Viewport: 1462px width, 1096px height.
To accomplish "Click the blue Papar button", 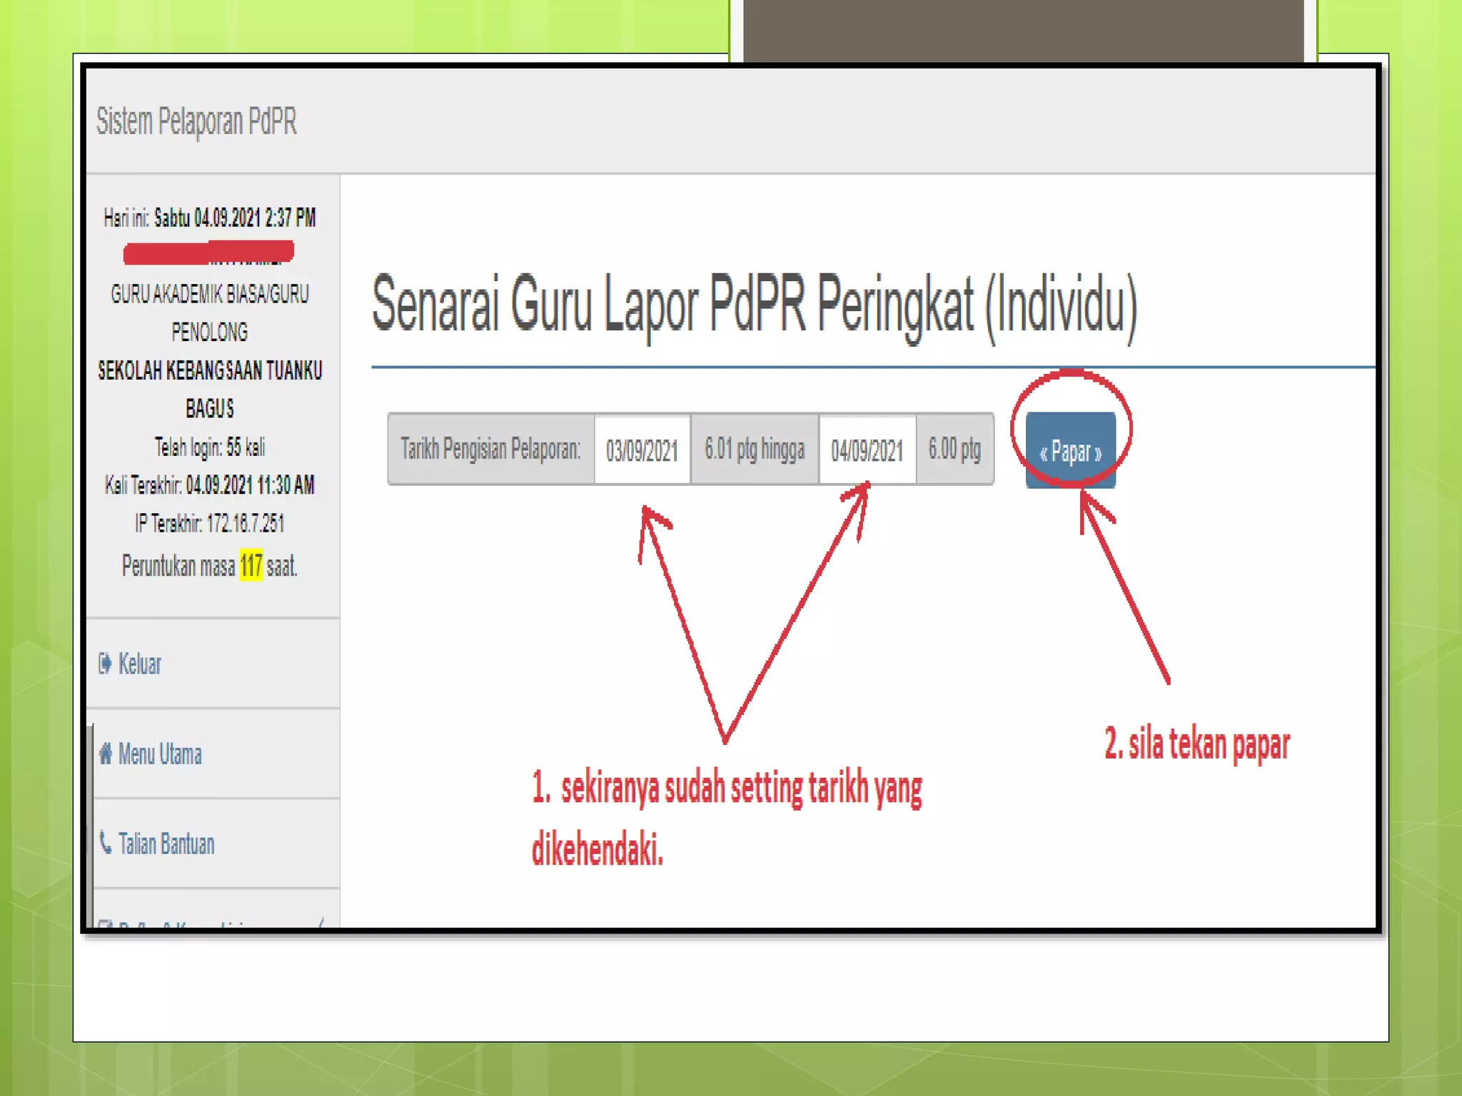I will (x=1070, y=451).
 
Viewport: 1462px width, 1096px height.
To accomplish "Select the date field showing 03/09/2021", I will (x=642, y=450).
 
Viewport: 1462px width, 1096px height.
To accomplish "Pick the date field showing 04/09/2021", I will (x=867, y=450).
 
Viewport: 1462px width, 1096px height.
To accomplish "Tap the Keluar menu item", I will (x=139, y=664).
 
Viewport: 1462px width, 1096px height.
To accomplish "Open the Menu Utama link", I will (x=159, y=754).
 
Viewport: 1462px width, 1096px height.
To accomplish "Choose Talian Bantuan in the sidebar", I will (x=166, y=844).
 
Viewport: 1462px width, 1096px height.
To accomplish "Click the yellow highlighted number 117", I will (x=251, y=566).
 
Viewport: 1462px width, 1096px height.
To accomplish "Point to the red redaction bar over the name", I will (x=208, y=252).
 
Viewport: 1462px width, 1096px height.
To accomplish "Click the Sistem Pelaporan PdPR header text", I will (x=196, y=121).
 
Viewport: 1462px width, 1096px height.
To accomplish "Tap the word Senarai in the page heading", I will (x=435, y=305).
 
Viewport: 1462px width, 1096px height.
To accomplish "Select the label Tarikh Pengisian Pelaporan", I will (x=490, y=450).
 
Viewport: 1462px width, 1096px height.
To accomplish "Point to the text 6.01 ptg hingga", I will (x=754, y=450).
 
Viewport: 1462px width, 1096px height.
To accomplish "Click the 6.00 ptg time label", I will (x=954, y=450).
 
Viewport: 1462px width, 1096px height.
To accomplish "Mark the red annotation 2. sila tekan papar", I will (x=1196, y=744).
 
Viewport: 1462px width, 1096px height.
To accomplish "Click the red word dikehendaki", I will (x=598, y=849).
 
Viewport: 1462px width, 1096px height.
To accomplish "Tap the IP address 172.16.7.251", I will (x=246, y=524).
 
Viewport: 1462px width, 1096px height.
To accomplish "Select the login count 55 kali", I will (x=246, y=447).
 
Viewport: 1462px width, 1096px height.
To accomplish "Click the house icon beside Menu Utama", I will (x=106, y=753).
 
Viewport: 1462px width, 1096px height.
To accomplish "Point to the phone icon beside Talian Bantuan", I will (x=106, y=843).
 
